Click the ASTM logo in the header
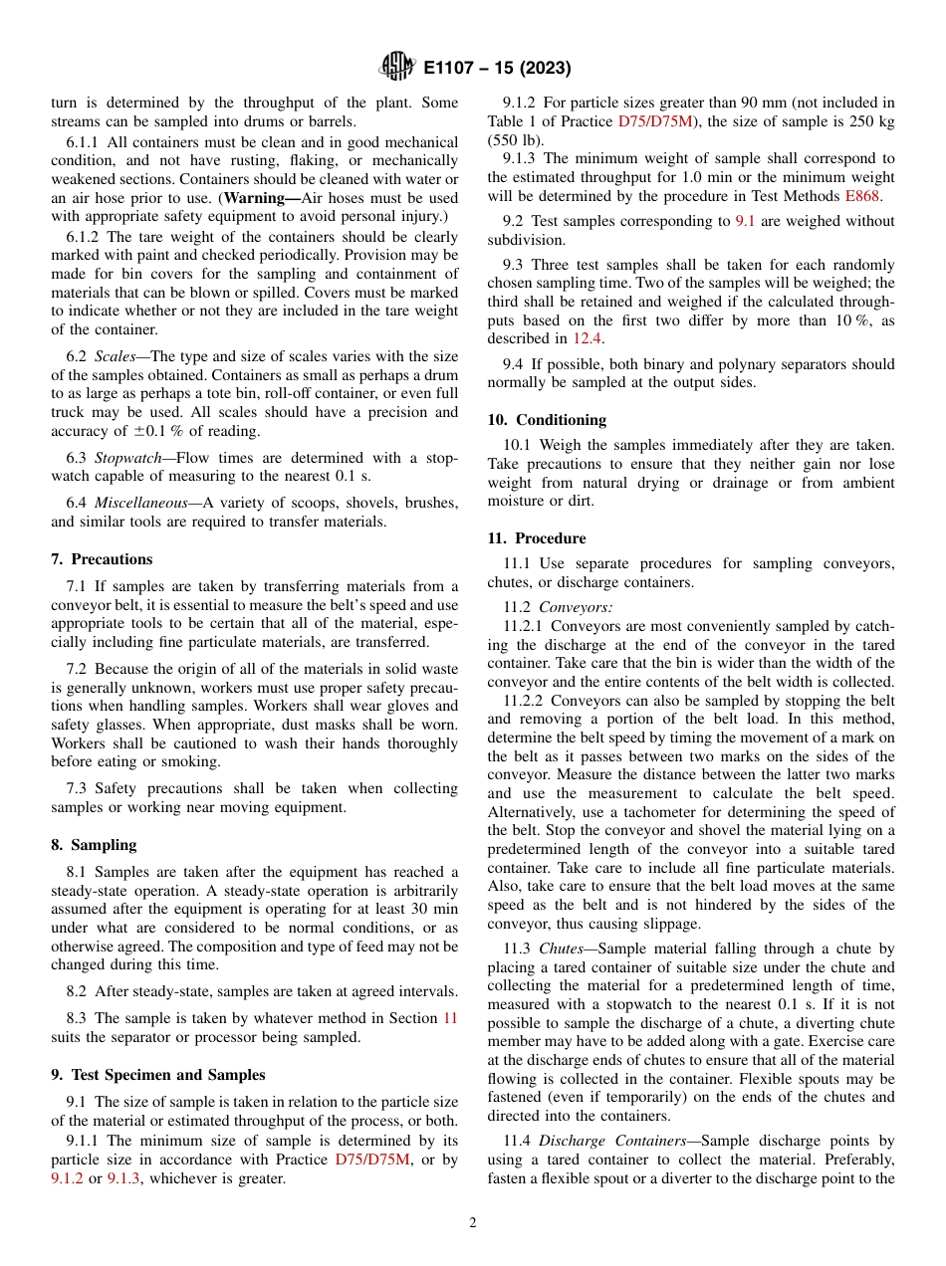click(397, 68)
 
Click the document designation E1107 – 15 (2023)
click(497, 69)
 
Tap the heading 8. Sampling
click(94, 845)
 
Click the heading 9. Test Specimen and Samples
click(157, 1075)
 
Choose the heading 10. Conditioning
click(547, 420)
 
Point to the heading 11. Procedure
click(537, 538)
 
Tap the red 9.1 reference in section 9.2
click(745, 221)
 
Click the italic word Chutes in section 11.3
click(561, 949)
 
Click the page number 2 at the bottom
click(473, 1223)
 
